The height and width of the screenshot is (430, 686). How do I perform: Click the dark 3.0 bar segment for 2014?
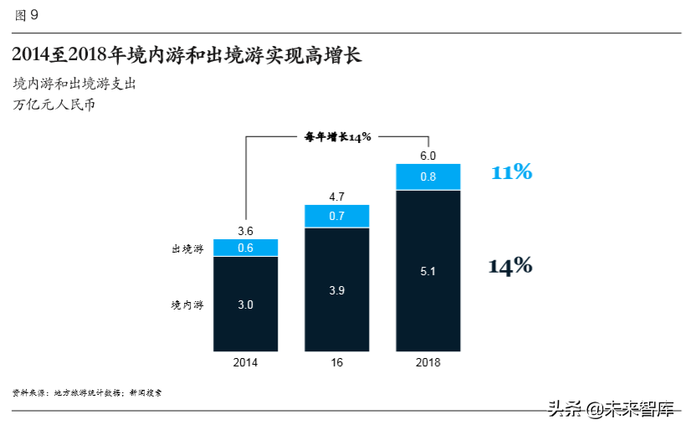(245, 305)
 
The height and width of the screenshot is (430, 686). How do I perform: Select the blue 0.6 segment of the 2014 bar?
(245, 248)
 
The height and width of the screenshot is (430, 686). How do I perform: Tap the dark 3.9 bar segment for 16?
(336, 289)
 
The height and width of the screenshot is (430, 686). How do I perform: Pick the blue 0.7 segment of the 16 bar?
(336, 216)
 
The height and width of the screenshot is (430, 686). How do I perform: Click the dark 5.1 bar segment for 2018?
(427, 271)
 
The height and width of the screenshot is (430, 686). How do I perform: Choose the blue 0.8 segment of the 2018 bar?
(427, 177)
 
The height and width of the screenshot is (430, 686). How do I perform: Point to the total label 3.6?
(245, 231)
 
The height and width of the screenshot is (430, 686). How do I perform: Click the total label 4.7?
(336, 197)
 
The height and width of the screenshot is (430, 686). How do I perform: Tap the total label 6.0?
(427, 156)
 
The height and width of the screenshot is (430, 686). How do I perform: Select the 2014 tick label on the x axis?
(245, 363)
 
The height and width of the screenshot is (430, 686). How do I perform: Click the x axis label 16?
(336, 363)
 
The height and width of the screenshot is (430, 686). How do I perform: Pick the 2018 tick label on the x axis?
(427, 363)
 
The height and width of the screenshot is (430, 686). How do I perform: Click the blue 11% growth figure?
(511, 172)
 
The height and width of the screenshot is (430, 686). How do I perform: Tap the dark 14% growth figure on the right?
(510, 266)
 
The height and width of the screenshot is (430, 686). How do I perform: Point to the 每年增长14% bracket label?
(337, 137)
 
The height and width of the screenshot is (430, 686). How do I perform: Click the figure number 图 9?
(26, 15)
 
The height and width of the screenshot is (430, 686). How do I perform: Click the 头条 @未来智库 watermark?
(611, 410)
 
